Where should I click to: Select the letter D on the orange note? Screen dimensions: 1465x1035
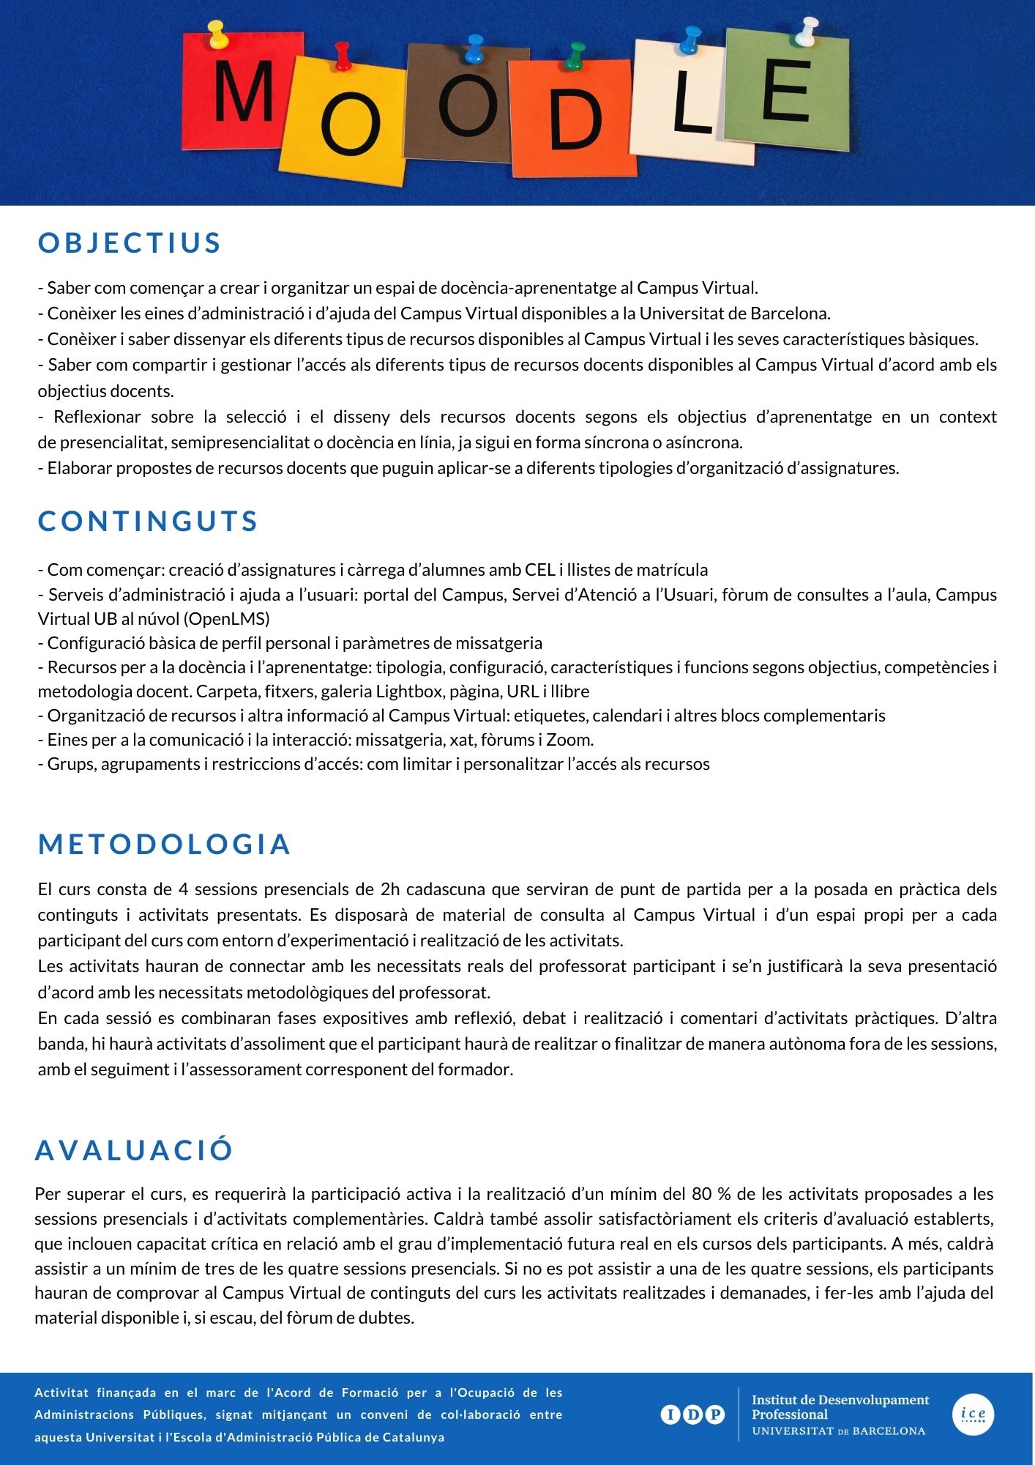point(575,121)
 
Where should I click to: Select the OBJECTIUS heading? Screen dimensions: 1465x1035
point(130,243)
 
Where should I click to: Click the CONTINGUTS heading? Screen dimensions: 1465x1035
point(148,521)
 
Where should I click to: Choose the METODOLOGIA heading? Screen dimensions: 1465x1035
point(165,844)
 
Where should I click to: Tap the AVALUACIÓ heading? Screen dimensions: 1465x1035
point(134,1149)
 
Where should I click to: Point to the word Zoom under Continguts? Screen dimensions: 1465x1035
point(569,740)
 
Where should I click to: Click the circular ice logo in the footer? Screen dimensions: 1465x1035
point(973,1414)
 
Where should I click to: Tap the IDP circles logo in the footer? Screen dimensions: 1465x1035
point(692,1414)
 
